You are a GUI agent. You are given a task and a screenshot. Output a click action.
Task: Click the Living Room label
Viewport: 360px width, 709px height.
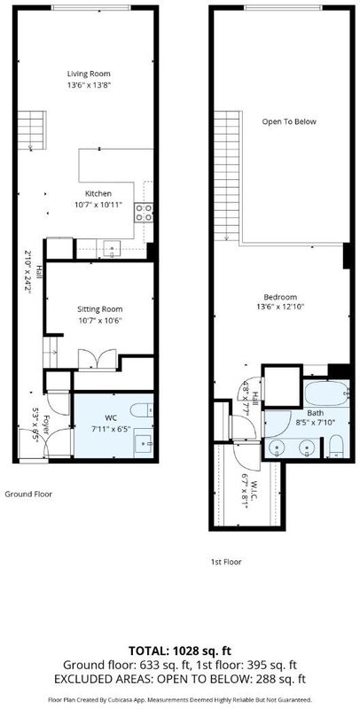89,74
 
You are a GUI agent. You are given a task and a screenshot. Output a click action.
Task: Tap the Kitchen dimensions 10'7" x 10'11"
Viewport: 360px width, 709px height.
98,205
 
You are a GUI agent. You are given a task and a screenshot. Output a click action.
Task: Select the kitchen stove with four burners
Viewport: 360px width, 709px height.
144,213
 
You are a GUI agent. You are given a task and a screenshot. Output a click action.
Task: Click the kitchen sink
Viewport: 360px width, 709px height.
112,249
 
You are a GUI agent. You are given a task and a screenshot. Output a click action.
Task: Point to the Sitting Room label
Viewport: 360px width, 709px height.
100,309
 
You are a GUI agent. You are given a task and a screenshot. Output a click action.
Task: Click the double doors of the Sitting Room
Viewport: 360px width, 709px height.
98,359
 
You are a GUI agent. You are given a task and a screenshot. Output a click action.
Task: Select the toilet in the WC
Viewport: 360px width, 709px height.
142,410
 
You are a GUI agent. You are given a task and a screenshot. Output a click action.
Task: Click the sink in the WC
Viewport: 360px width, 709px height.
145,444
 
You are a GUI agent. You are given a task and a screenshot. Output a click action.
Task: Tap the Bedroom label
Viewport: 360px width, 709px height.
280,297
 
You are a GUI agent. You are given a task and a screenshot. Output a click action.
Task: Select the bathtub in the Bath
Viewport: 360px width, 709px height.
326,394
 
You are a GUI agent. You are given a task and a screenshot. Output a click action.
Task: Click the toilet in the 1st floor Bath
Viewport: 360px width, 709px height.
336,447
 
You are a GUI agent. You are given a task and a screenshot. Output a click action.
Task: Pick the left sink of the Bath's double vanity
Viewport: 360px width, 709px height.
276,448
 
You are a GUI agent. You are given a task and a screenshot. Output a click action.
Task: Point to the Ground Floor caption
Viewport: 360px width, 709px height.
28,495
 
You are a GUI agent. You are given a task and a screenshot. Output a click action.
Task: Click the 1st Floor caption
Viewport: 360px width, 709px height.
226,562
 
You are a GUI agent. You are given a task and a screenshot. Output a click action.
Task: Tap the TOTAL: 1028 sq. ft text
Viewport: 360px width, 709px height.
180,651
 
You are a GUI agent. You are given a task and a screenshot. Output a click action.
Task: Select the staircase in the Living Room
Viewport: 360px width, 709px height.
32,130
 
